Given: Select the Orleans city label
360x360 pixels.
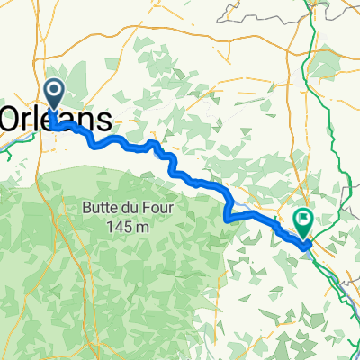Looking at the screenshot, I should tap(58, 120).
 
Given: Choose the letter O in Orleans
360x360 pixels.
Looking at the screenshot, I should tap(11, 120).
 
